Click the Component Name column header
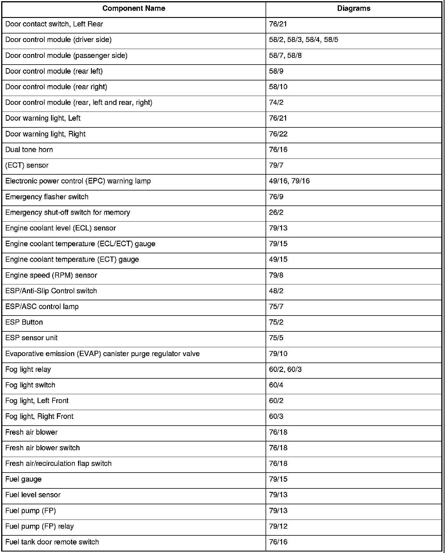click(134, 9)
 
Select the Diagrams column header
click(354, 9)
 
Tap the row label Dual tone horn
click(29, 150)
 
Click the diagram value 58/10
click(278, 87)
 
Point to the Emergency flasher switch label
click(47, 197)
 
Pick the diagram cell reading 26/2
click(276, 213)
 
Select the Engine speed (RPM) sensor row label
click(51, 275)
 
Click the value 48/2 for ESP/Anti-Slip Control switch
click(276, 291)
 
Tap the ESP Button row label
click(24, 322)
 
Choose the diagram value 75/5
click(276, 338)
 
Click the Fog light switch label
click(30, 385)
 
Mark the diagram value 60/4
click(276, 385)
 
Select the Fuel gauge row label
click(23, 479)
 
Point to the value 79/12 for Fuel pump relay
click(278, 526)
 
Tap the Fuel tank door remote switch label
click(52, 542)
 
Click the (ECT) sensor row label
click(27, 165)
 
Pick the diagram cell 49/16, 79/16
click(289, 181)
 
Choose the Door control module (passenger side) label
click(66, 55)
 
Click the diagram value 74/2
click(276, 102)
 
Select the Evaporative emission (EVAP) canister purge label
click(102, 354)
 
